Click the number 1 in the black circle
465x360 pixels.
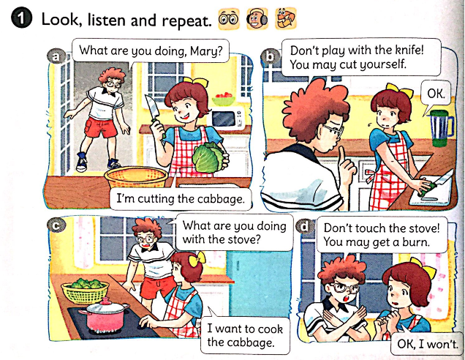tap(21, 19)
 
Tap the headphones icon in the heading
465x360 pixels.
tap(257, 19)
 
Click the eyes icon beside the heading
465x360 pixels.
tap(229, 19)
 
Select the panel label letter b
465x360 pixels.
tap(270, 56)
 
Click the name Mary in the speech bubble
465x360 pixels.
tap(206, 51)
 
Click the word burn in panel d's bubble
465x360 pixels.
tap(416, 242)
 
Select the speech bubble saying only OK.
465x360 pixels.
tap(436, 95)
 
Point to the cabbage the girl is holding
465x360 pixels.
tap(208, 157)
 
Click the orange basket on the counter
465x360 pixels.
tap(137, 177)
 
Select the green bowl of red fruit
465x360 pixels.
tap(224, 99)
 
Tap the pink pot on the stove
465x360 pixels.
tap(105, 315)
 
